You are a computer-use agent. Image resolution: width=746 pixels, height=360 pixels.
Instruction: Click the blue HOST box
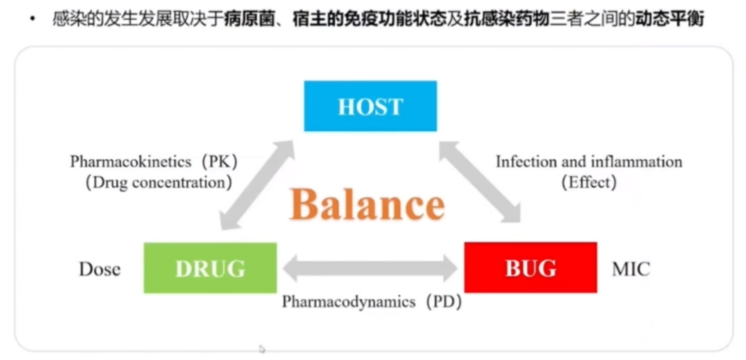coord(370,106)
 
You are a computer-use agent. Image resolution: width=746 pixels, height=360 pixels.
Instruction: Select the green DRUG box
coord(210,267)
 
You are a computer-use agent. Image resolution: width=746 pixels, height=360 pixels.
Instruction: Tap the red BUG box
coord(530,267)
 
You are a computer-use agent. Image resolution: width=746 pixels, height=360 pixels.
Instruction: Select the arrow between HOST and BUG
coord(481,182)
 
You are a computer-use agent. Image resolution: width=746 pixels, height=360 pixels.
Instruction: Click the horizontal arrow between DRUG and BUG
coord(370,268)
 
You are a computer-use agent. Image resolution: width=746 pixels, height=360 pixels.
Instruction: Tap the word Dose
coord(99,269)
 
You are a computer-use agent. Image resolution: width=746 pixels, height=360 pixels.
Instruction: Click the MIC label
coord(631,269)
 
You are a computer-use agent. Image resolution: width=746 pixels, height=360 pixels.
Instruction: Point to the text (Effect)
coord(589,183)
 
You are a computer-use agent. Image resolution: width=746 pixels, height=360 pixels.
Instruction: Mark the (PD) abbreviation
coord(443,302)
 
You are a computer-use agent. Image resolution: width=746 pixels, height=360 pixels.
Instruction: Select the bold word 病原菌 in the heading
coord(246,19)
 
